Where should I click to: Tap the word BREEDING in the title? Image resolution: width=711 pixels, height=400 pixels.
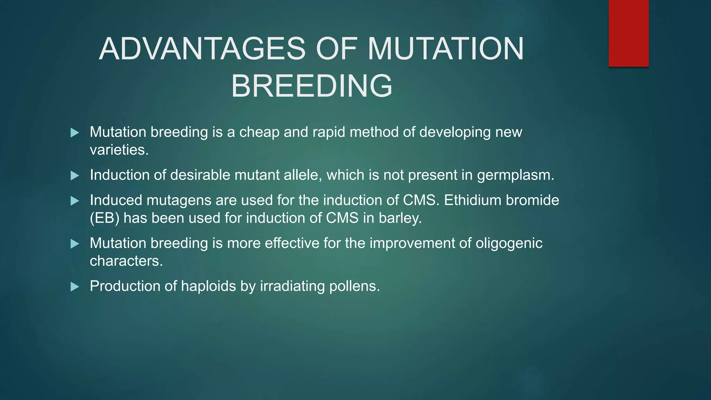point(311,86)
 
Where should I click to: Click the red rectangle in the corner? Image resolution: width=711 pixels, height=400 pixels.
point(628,33)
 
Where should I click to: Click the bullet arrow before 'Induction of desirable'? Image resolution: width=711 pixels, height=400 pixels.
point(75,175)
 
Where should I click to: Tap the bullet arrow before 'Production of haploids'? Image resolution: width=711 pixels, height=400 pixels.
point(75,287)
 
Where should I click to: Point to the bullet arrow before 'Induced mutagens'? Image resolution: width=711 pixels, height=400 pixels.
point(75,201)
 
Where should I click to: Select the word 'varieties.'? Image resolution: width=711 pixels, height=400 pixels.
point(119,150)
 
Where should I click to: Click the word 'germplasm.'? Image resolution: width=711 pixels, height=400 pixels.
point(516,175)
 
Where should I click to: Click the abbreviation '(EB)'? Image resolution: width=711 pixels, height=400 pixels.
point(104,218)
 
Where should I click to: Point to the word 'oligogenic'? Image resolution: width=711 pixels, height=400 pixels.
point(509,243)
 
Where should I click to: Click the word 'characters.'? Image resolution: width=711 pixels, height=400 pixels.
point(126,261)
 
